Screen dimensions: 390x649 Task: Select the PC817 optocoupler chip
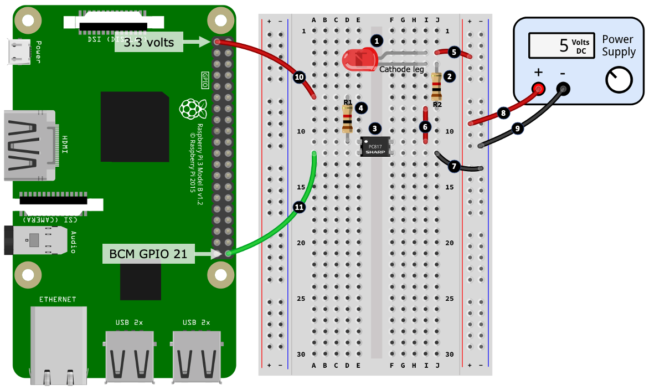(375, 147)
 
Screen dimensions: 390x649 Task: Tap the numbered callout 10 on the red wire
(299, 78)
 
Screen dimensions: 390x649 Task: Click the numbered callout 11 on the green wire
(299, 207)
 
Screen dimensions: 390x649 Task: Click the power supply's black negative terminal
(563, 88)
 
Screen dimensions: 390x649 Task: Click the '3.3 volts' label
(148, 42)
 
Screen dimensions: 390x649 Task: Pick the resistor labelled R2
(436, 86)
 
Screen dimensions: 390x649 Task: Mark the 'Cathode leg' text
(401, 69)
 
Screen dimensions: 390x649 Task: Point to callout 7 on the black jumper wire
(455, 165)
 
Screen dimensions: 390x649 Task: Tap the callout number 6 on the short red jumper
(425, 127)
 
